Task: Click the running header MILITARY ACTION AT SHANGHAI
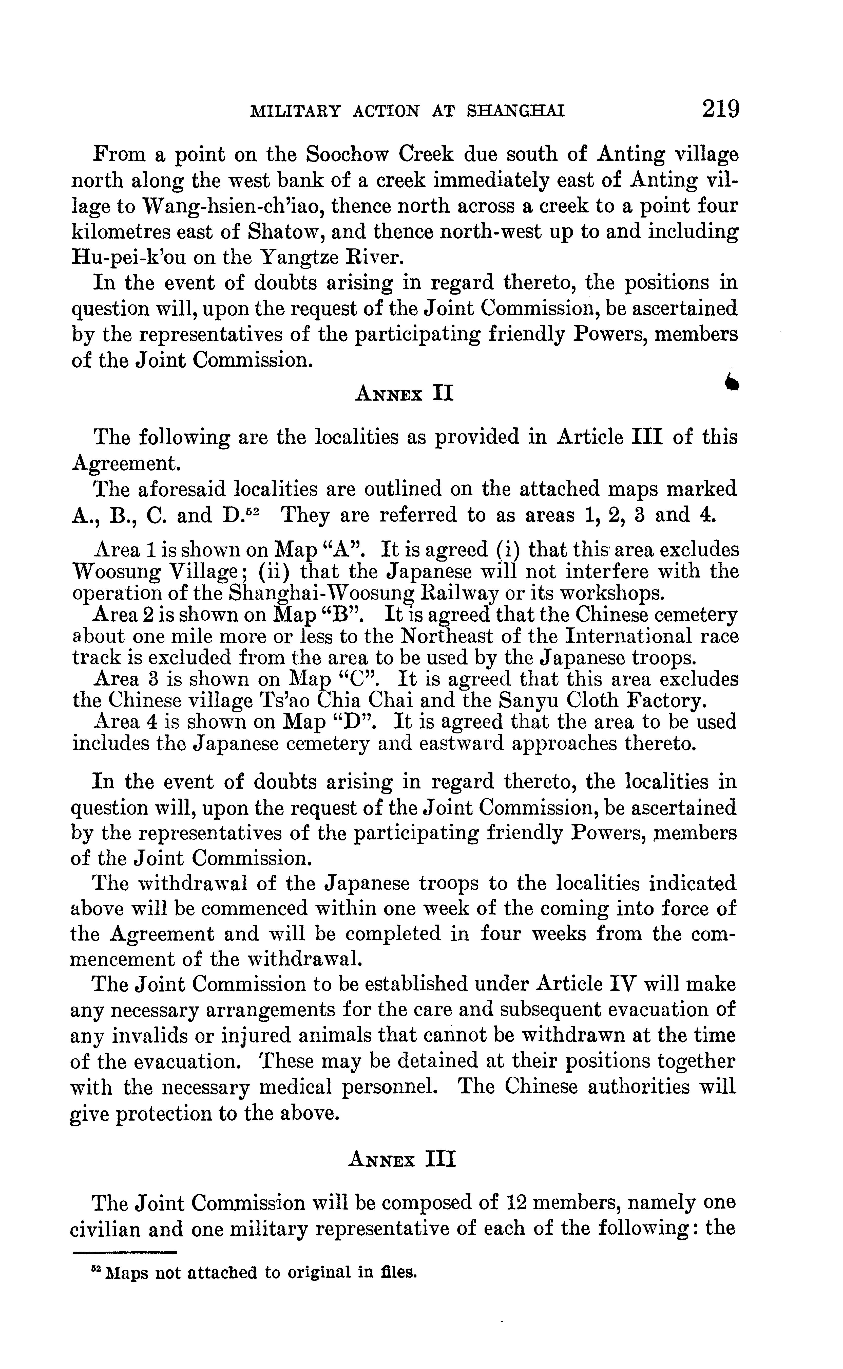(x=408, y=111)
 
